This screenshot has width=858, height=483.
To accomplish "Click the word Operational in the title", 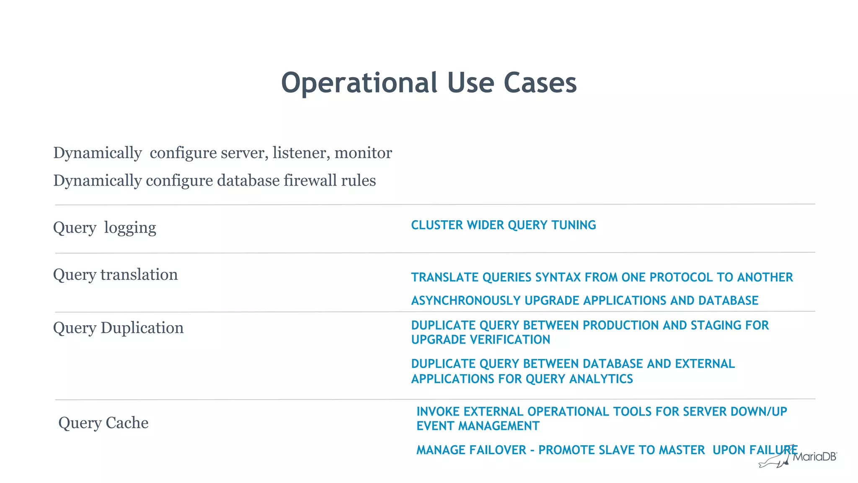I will click(x=359, y=83).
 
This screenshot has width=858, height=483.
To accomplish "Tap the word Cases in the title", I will click(x=540, y=83).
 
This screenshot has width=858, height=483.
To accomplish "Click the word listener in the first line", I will click(x=300, y=153).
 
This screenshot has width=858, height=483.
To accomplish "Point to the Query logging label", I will click(x=104, y=228).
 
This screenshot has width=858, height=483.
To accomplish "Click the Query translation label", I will click(x=115, y=275).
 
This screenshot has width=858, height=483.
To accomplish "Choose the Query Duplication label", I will click(x=118, y=328).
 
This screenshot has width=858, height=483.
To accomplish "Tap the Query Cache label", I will click(x=103, y=423).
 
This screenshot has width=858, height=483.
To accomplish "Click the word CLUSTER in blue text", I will click(x=437, y=225).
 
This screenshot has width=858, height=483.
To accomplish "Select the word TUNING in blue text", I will click(x=574, y=225).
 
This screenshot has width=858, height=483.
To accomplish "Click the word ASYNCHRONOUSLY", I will click(x=465, y=301).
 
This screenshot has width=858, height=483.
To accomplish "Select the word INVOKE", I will click(x=438, y=412).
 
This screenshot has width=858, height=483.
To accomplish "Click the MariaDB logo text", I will click(x=814, y=457).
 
